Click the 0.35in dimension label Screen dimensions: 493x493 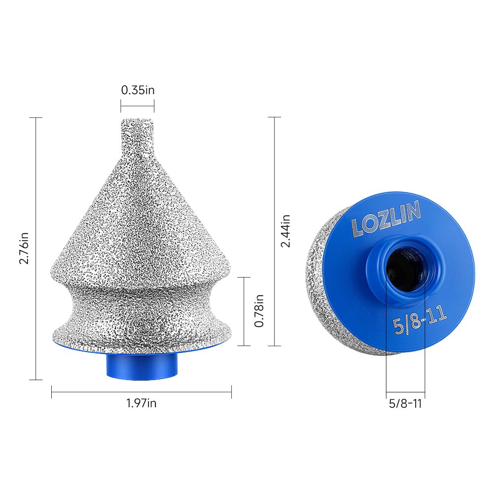coord(138,90)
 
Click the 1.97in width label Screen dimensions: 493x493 coord(141,403)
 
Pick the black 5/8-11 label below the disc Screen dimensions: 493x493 coord(405,404)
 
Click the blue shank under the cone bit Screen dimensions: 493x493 coord(141,366)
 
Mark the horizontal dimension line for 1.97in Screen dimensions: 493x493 coord(141,392)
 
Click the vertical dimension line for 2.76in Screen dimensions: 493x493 coord(36,248)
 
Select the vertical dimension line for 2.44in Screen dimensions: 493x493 coord(274,231)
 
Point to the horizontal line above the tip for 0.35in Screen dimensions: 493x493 coord(138,106)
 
